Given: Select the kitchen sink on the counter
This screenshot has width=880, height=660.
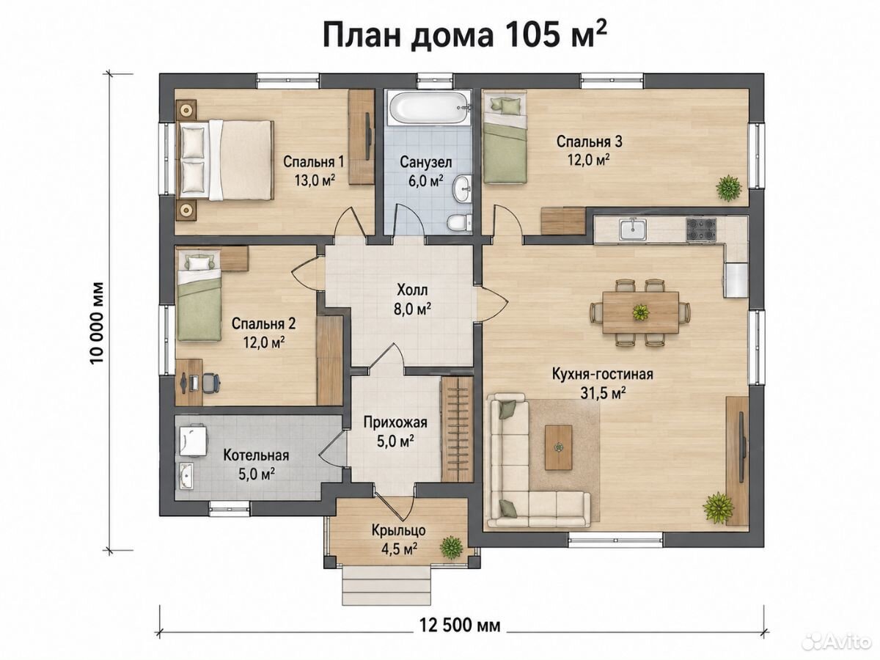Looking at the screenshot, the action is click(x=633, y=230).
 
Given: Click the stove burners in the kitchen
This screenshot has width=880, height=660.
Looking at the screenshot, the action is click(x=701, y=230).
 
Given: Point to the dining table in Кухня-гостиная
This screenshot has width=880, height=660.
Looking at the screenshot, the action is click(x=641, y=312).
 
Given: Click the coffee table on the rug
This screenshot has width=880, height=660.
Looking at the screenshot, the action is click(x=559, y=447).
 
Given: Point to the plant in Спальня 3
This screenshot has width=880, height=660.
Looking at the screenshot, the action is click(x=728, y=188).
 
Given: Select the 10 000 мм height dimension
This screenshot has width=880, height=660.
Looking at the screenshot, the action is click(x=98, y=323).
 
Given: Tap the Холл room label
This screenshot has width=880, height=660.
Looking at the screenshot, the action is click(x=412, y=290).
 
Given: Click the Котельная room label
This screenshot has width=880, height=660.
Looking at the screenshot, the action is click(x=256, y=455).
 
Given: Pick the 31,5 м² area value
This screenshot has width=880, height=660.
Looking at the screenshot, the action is click(x=604, y=393).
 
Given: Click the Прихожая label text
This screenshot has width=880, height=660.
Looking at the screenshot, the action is click(x=396, y=422).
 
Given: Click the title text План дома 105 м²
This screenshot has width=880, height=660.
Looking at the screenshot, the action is click(x=465, y=36).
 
